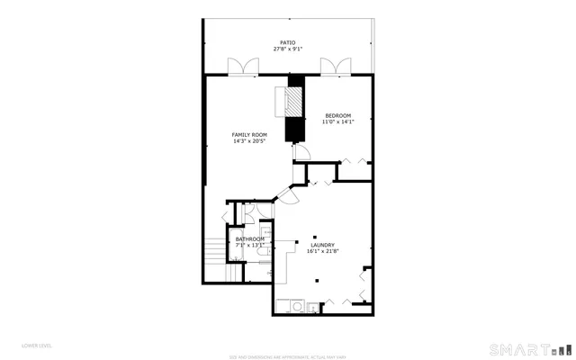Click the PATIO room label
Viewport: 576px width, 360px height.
287,42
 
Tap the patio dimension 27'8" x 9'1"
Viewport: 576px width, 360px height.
287,49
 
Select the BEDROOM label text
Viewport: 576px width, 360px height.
337,115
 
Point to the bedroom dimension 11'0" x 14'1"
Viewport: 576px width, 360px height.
337,122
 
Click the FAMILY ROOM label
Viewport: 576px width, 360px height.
249,134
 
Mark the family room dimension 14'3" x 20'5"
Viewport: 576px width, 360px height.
249,141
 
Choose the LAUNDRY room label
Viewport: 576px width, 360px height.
322,245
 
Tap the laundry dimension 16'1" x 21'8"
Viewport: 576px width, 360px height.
322,252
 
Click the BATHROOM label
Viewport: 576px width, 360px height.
250,238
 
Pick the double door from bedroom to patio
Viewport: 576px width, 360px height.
333,67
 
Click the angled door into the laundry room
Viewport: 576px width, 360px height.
289,196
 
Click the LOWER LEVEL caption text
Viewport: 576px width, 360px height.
37,345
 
